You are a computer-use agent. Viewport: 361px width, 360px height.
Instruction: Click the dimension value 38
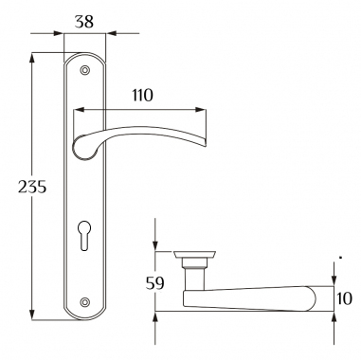point(84,22)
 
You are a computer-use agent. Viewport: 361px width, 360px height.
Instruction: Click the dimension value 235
point(32,187)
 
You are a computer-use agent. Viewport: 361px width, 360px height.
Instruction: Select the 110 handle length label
point(142,95)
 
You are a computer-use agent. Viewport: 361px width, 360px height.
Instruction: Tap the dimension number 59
point(155,283)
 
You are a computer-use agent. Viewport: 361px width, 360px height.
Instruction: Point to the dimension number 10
point(343,298)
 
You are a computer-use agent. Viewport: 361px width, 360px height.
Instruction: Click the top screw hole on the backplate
point(84,70)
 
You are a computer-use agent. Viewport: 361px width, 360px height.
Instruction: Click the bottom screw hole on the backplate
point(84,301)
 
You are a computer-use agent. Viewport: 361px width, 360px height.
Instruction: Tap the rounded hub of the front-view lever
point(84,149)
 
